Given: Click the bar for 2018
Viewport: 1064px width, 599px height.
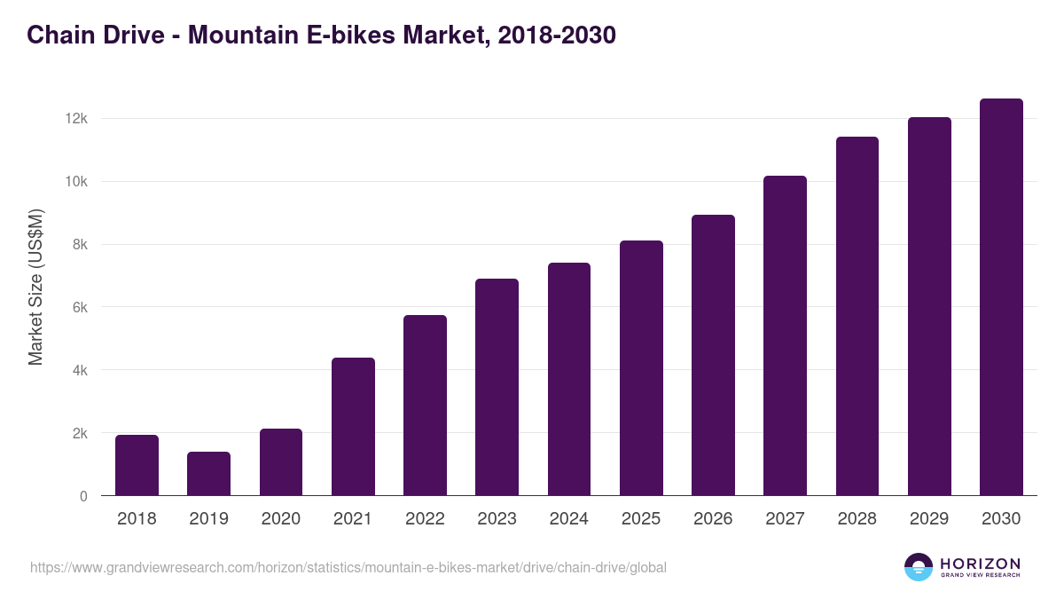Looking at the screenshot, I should (x=137, y=465).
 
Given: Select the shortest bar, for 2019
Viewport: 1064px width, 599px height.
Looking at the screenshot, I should (x=208, y=474).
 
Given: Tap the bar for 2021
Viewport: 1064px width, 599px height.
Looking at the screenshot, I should (x=353, y=427).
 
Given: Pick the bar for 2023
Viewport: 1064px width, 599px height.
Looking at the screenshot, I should (x=497, y=387).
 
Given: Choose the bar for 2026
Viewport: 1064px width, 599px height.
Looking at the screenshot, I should (x=713, y=355).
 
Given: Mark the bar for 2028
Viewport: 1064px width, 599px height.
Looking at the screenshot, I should (x=857, y=316).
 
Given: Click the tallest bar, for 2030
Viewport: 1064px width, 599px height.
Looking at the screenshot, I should (x=1001, y=297).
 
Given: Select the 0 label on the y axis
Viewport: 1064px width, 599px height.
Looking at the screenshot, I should (x=83, y=497).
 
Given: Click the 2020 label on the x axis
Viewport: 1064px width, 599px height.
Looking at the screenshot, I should (x=280, y=519).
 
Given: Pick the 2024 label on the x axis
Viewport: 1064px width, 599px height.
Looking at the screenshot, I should (x=568, y=519).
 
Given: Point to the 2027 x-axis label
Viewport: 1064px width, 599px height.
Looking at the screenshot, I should (x=785, y=519).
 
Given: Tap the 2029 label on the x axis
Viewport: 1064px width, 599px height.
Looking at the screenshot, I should (x=929, y=519).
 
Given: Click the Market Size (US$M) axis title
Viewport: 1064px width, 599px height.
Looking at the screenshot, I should (x=35, y=287).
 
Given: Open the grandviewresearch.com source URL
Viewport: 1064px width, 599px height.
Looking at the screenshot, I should (x=348, y=567).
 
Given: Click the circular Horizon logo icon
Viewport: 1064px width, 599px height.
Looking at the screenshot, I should (x=919, y=567).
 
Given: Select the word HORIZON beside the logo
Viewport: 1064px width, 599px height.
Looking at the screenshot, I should (x=980, y=563).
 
